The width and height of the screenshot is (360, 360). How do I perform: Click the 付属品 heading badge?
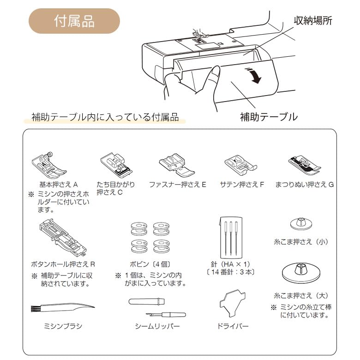[74, 21]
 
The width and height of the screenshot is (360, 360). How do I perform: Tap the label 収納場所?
[313, 21]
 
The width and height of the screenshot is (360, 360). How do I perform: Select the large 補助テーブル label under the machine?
[269, 116]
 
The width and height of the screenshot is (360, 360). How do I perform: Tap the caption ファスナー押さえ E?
[177, 185]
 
